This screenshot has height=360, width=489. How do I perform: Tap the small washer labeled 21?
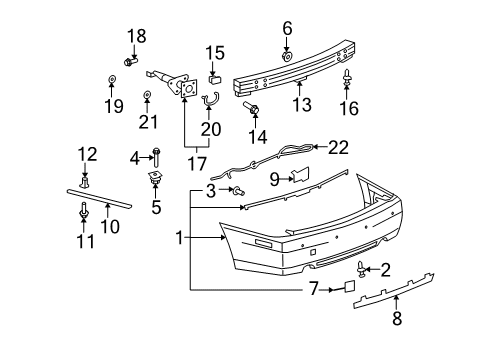(x=147, y=96)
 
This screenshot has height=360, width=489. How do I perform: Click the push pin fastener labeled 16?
(x=347, y=78)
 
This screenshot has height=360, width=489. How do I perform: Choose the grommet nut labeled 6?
(x=286, y=57)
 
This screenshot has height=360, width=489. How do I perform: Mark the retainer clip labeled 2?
(x=361, y=267)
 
